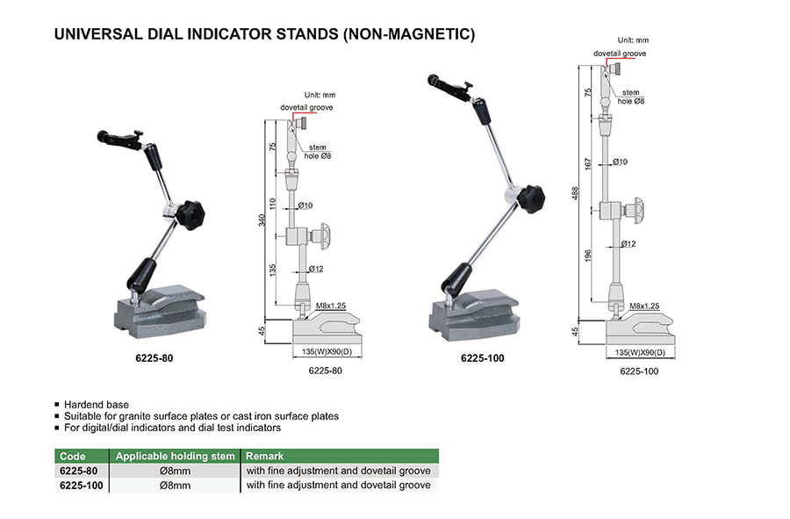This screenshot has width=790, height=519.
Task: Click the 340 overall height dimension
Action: [262, 220]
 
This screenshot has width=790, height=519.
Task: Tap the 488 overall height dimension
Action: [575, 193]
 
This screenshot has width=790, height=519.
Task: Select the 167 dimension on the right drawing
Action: [587, 163]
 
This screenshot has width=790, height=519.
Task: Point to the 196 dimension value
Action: [587, 256]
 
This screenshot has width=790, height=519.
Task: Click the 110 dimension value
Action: [273, 204]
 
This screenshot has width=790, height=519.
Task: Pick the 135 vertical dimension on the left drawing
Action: [273, 270]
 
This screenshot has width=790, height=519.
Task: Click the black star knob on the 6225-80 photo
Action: [190, 215]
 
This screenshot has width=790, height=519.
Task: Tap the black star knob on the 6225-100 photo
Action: [532, 198]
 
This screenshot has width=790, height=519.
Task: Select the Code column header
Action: [73, 456]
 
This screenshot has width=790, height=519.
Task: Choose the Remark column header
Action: [264, 456]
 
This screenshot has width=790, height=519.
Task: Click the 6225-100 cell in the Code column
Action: [81, 486]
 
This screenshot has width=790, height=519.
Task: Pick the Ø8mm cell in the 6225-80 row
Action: [176, 471]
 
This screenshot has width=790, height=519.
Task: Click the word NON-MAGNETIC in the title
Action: [408, 33]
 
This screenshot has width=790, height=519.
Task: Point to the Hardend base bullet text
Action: [97, 405]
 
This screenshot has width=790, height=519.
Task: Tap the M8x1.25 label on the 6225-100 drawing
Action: [644, 306]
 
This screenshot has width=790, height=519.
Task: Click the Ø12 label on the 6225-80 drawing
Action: [316, 269]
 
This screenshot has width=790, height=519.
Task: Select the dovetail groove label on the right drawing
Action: [620, 54]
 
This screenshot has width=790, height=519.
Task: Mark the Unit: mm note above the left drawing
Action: [320, 95]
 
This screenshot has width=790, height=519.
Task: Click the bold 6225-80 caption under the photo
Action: [154, 358]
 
